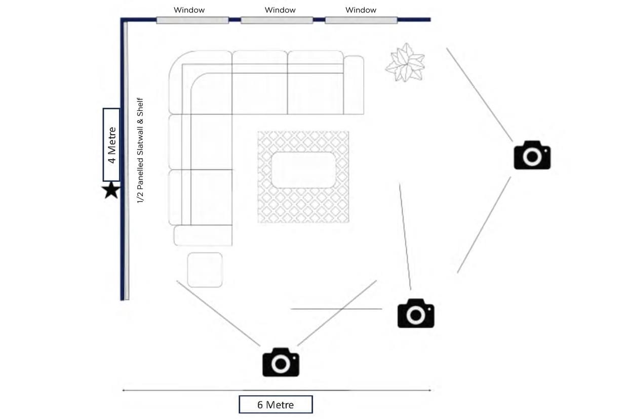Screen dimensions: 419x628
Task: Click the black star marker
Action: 111,191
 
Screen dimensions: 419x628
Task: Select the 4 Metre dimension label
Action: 111,145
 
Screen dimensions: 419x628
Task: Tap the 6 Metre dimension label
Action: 276,404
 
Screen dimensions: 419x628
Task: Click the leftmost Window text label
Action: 189,10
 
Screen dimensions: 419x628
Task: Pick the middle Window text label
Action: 280,10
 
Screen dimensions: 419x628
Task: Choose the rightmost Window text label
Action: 361,10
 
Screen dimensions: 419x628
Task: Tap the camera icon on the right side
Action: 532,155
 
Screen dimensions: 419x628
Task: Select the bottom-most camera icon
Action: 281,362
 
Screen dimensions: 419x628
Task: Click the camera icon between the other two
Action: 415,313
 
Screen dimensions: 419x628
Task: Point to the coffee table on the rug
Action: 303,170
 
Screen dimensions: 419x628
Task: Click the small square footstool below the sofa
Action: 205,270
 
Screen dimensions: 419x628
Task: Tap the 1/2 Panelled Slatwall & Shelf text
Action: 140,151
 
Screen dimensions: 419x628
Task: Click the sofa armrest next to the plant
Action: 354,85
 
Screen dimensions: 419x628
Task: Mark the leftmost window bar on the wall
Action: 192,20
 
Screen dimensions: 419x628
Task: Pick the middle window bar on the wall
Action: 277,20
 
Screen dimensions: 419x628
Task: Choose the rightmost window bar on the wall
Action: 361,20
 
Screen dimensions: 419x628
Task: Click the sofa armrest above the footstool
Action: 203,236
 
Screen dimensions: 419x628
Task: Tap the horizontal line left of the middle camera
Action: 336,309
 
